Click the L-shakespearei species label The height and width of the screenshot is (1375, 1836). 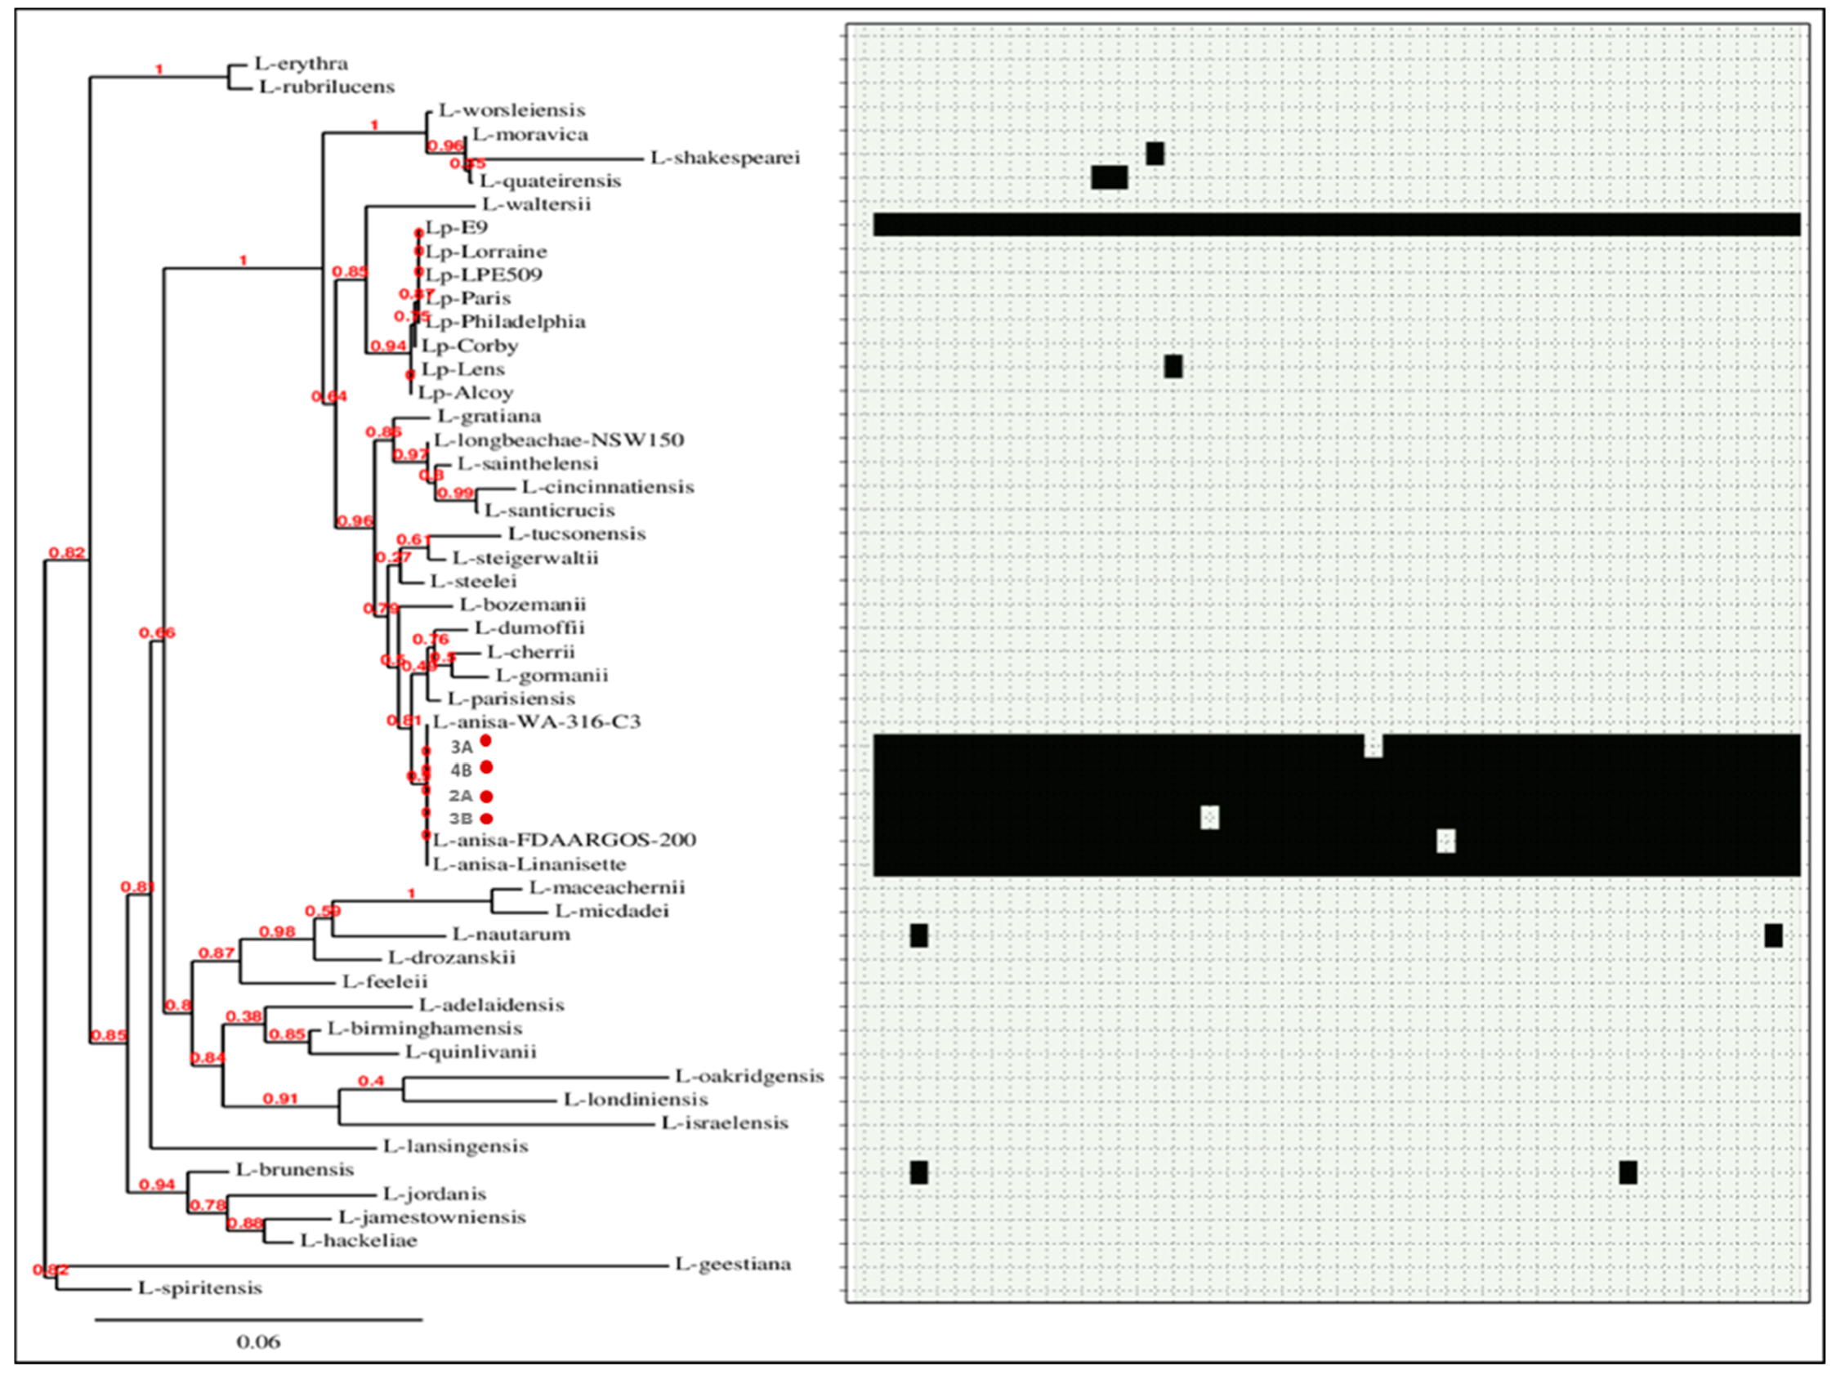726,157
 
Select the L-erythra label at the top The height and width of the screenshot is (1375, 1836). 302,63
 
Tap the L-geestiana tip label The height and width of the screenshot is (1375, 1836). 733,1264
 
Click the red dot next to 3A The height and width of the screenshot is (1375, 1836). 485,741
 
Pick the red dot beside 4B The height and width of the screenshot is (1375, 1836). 486,766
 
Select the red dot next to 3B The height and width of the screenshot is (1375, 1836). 486,819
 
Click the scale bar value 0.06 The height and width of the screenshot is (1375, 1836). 258,1342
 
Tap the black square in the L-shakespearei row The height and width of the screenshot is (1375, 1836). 1155,154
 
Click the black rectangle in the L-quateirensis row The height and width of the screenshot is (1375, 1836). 1109,177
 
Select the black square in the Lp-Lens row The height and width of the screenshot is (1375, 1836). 1173,366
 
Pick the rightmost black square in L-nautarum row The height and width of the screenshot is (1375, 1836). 1773,935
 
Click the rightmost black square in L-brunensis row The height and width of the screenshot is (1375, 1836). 1628,1172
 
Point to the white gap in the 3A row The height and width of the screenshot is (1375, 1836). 1374,745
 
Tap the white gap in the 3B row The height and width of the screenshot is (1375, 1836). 1209,817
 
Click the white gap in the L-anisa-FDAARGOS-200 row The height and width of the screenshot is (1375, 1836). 1446,842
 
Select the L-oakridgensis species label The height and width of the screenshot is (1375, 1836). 749,1076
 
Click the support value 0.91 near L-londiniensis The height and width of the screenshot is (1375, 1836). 279,1099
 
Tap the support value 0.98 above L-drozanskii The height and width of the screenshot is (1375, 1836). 277,932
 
